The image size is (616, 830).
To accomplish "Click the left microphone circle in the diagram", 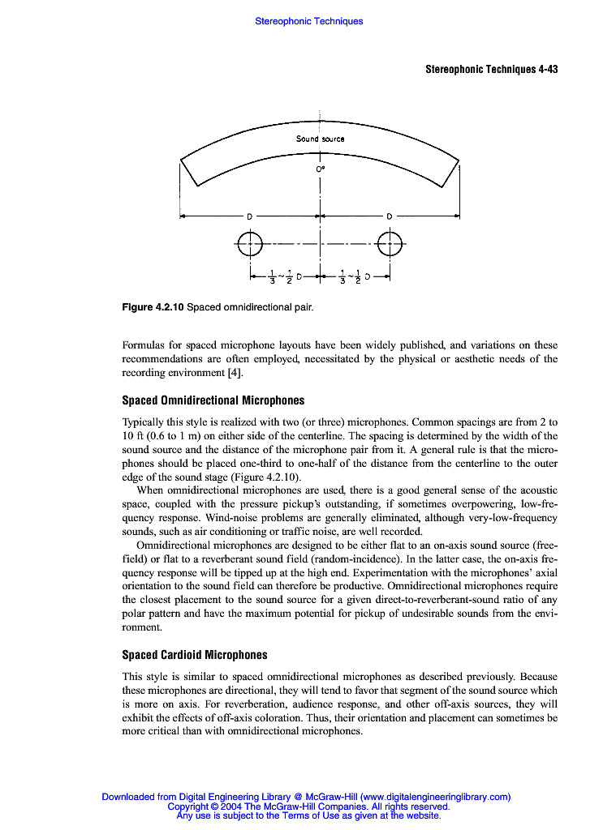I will click(x=251, y=242).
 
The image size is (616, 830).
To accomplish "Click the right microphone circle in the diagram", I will click(x=390, y=242).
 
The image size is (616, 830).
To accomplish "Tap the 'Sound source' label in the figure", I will click(x=320, y=139).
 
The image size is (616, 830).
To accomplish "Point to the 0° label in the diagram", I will click(x=321, y=169).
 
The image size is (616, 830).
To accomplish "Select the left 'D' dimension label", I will click(x=250, y=216).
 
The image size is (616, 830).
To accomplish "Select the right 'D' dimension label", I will click(x=390, y=216).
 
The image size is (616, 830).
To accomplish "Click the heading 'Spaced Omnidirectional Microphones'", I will click(x=213, y=400).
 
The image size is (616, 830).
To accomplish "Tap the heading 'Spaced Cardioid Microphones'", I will click(x=194, y=655).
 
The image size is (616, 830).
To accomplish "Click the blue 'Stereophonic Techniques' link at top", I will click(x=308, y=21).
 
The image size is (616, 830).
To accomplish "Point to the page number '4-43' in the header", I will click(x=548, y=70).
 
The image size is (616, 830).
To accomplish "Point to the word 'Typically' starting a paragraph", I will click(x=142, y=422).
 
